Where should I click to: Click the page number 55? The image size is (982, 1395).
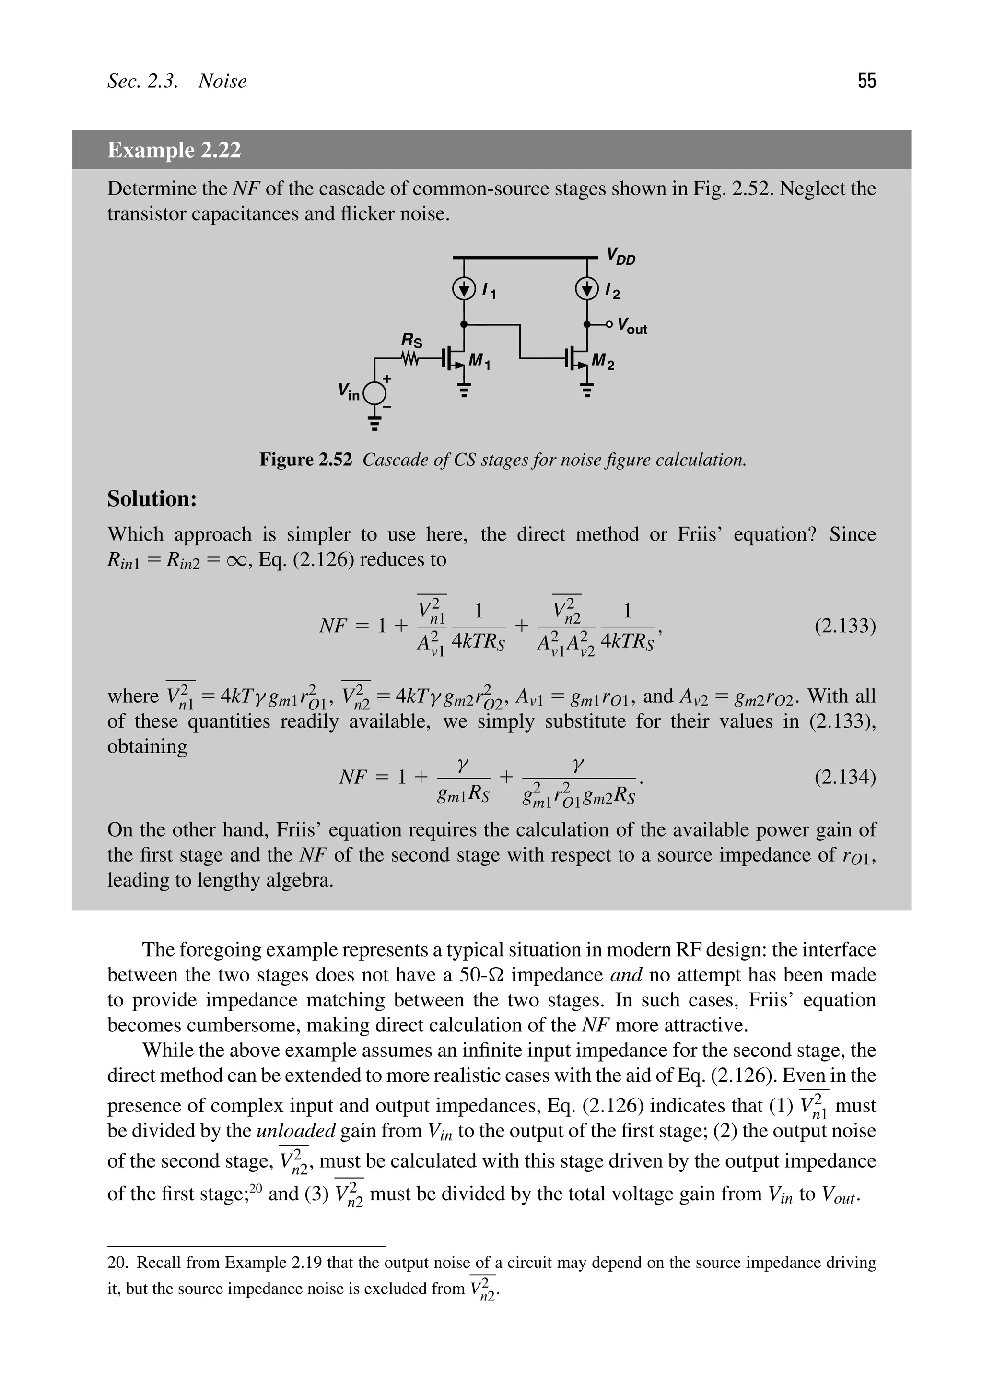click(866, 81)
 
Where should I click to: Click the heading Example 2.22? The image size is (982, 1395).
click(174, 150)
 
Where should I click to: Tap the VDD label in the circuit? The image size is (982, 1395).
click(620, 256)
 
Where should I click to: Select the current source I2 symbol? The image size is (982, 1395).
click(586, 289)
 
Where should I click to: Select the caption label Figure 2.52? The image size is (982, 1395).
click(305, 460)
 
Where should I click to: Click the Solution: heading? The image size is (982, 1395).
click(152, 499)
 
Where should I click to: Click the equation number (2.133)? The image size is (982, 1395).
click(845, 626)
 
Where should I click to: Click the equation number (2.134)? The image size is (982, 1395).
click(845, 777)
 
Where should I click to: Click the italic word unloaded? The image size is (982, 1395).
click(296, 1131)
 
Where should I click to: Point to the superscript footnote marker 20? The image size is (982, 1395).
click(256, 1187)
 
